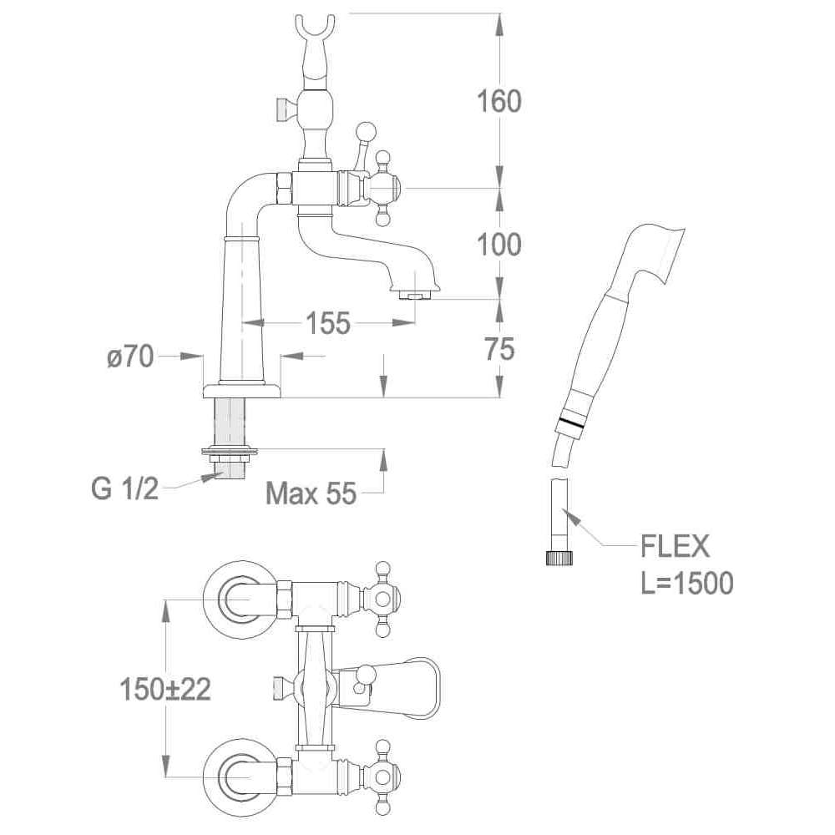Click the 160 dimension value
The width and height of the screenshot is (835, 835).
[499, 101]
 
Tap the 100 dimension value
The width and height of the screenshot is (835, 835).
[499, 245]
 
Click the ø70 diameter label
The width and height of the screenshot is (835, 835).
[130, 357]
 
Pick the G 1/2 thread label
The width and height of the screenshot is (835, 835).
[124, 488]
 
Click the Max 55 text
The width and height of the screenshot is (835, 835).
[311, 494]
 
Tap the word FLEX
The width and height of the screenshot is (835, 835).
[675, 547]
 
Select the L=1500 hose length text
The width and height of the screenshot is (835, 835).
[687, 583]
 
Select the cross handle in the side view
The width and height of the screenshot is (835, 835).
[383, 188]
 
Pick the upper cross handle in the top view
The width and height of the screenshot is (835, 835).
[382, 598]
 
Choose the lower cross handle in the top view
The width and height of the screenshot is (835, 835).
[382, 777]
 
